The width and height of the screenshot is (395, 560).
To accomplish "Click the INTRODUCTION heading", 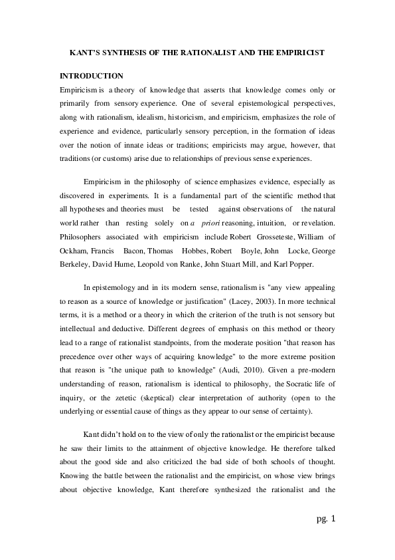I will pyautogui.click(x=92, y=76).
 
